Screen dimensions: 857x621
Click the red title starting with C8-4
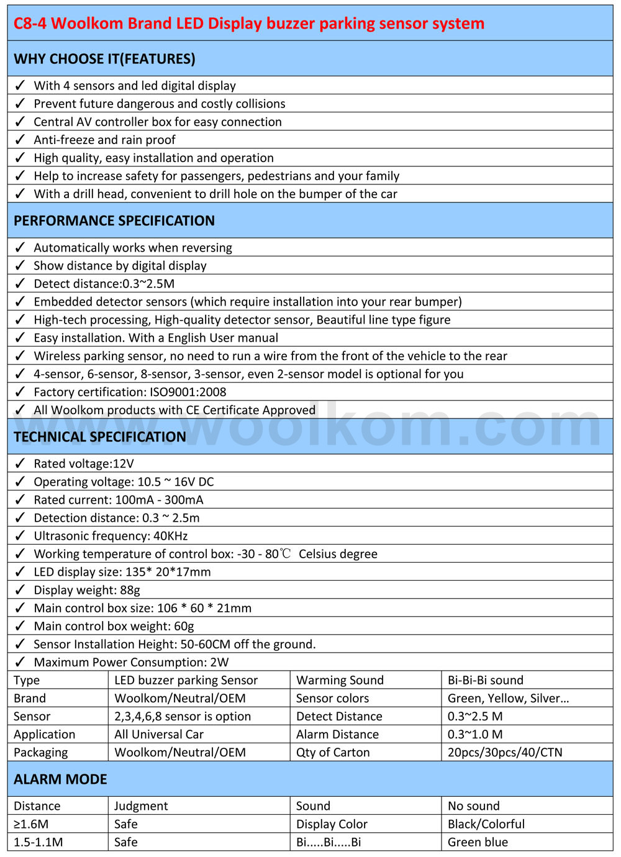click(x=248, y=24)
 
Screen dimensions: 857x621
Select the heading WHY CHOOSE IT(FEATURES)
click(x=104, y=59)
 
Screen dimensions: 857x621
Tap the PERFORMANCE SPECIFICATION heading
click(x=114, y=221)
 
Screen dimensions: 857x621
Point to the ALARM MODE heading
click(x=60, y=779)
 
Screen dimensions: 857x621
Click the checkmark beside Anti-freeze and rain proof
click(x=20, y=140)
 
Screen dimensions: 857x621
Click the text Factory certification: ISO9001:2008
click(x=130, y=392)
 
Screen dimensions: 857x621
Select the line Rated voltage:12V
click(x=84, y=464)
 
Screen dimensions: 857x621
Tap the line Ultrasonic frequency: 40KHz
click(x=111, y=536)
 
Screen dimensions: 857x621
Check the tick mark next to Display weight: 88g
click(x=20, y=590)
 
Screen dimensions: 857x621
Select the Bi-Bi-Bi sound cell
click(x=486, y=680)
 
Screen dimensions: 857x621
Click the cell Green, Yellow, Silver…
click(x=508, y=698)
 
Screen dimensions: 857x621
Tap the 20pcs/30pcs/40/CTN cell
click(x=505, y=752)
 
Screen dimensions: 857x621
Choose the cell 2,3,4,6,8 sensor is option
click(x=183, y=716)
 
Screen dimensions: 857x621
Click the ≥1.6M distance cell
click(x=31, y=824)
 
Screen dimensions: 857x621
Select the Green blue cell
click(x=478, y=842)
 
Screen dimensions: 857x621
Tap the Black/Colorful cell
click(x=486, y=824)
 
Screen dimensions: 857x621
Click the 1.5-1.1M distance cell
click(x=39, y=842)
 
